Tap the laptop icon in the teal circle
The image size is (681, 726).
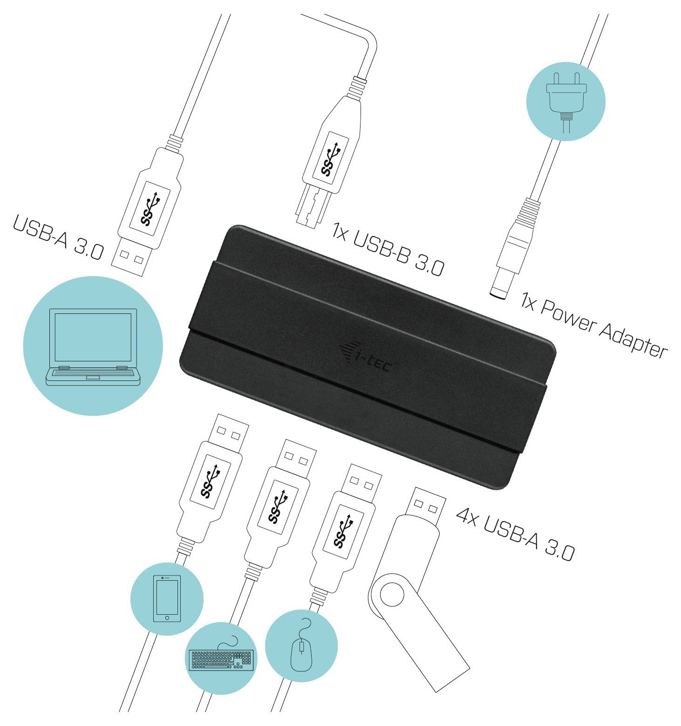click(x=93, y=346)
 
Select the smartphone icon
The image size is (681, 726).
click(x=167, y=598)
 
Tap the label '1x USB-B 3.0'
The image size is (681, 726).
click(x=388, y=249)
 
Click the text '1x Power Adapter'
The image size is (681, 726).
click(x=594, y=326)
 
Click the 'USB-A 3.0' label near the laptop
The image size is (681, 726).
click(x=58, y=237)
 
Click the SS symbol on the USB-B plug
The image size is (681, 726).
click(x=331, y=161)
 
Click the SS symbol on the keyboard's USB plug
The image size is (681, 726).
click(x=279, y=506)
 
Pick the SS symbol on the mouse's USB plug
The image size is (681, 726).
click(x=344, y=530)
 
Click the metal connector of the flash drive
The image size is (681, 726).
click(x=426, y=505)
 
